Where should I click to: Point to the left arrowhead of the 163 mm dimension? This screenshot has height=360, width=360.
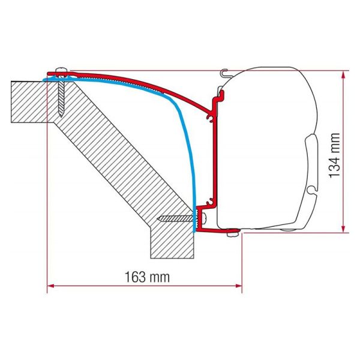tap(50, 286)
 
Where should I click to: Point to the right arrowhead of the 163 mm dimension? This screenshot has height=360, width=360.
tap(238, 286)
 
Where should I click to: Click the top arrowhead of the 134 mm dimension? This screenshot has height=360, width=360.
tap(343, 75)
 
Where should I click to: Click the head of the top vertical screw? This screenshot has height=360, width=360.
tap(62, 70)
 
